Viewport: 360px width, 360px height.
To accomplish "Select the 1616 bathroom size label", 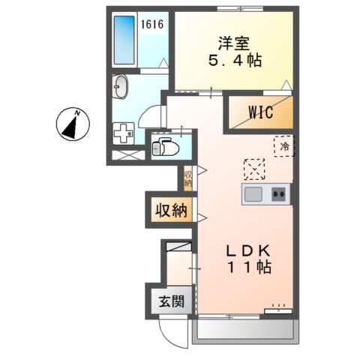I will (x=153, y=24).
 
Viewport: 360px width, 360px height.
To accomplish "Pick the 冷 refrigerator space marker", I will (x=284, y=146).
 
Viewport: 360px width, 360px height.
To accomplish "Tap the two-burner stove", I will (x=280, y=195).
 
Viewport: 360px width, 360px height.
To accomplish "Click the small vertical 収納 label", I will (x=187, y=178).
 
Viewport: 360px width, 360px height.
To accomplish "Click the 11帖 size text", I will (x=243, y=266).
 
